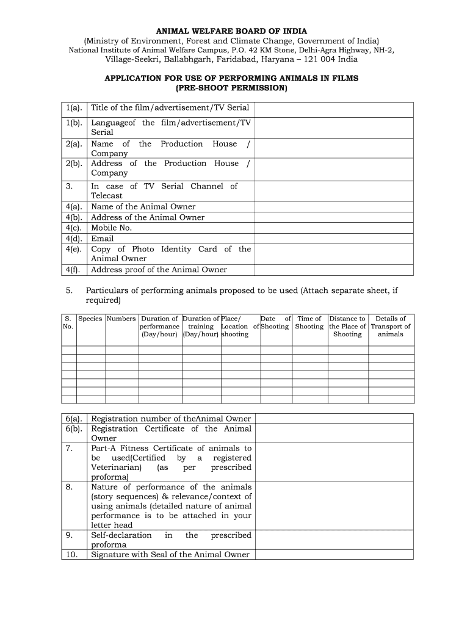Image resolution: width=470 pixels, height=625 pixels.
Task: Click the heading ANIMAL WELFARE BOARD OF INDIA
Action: point(231,31)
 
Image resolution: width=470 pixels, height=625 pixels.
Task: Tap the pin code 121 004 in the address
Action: point(320,59)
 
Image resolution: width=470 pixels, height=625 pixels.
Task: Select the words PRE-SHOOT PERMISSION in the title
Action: point(231,89)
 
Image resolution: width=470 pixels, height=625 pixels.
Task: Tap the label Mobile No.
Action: point(112,228)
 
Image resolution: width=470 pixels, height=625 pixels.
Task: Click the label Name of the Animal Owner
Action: point(143,207)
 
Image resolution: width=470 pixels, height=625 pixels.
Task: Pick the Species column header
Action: point(90,319)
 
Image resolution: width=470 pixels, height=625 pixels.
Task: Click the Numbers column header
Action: point(121,319)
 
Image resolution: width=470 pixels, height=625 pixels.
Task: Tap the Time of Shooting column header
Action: point(309,322)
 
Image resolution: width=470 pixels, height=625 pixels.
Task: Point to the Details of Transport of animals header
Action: point(391,327)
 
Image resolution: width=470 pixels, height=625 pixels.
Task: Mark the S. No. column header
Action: point(68,322)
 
